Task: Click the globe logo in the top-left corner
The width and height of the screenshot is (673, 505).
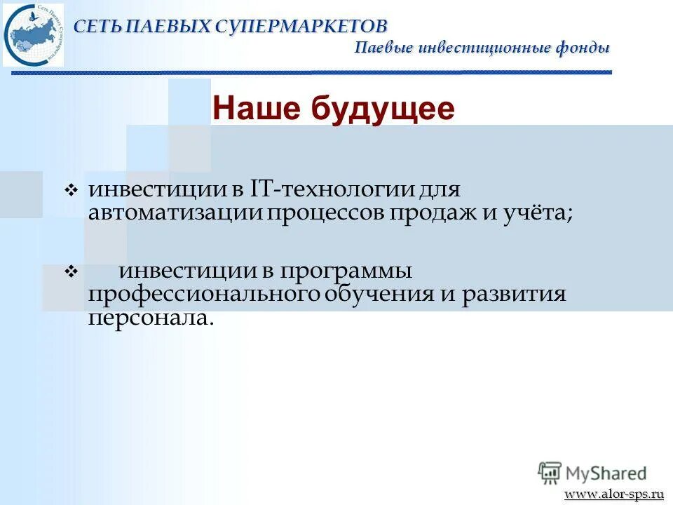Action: (x=33, y=34)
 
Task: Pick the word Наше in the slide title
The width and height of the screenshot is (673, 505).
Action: (x=254, y=109)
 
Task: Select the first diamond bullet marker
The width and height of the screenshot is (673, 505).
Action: (x=69, y=191)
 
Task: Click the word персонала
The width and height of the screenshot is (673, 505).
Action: (x=149, y=317)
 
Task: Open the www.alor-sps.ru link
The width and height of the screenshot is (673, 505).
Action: (x=614, y=494)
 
